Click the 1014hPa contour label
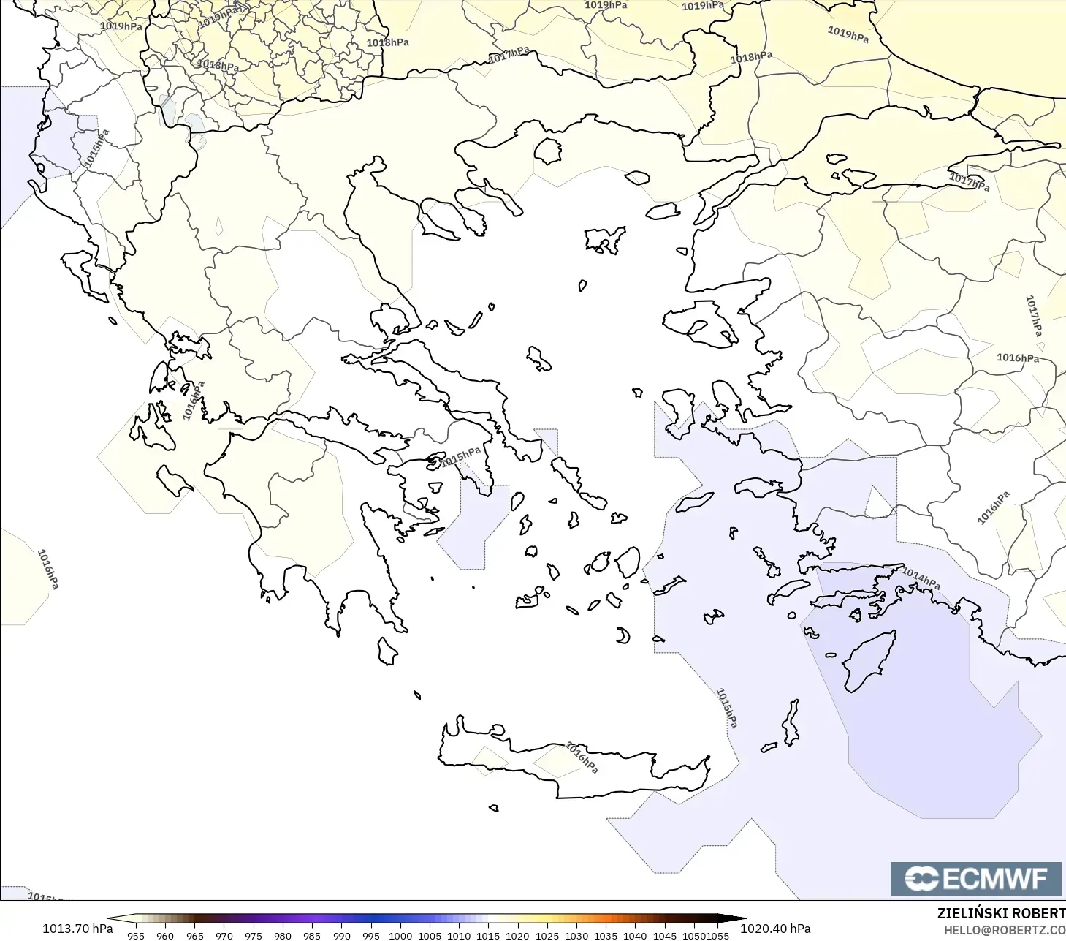[x=921, y=578]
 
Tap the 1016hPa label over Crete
[x=582, y=757]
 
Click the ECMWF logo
[x=975, y=878]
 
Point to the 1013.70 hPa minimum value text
[x=77, y=929]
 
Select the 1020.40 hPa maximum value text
[x=775, y=929]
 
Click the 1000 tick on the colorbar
[x=400, y=935]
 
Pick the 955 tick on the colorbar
[x=136, y=935]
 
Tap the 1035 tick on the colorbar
[x=606, y=935]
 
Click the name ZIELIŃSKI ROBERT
[x=1001, y=913]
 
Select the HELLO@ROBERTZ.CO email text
[x=1004, y=930]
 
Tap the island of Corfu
[x=86, y=274]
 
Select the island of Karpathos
[x=791, y=724]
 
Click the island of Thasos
[x=547, y=151]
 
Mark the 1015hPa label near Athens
[x=460, y=457]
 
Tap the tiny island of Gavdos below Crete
[x=494, y=808]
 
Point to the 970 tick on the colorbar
[x=224, y=935]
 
